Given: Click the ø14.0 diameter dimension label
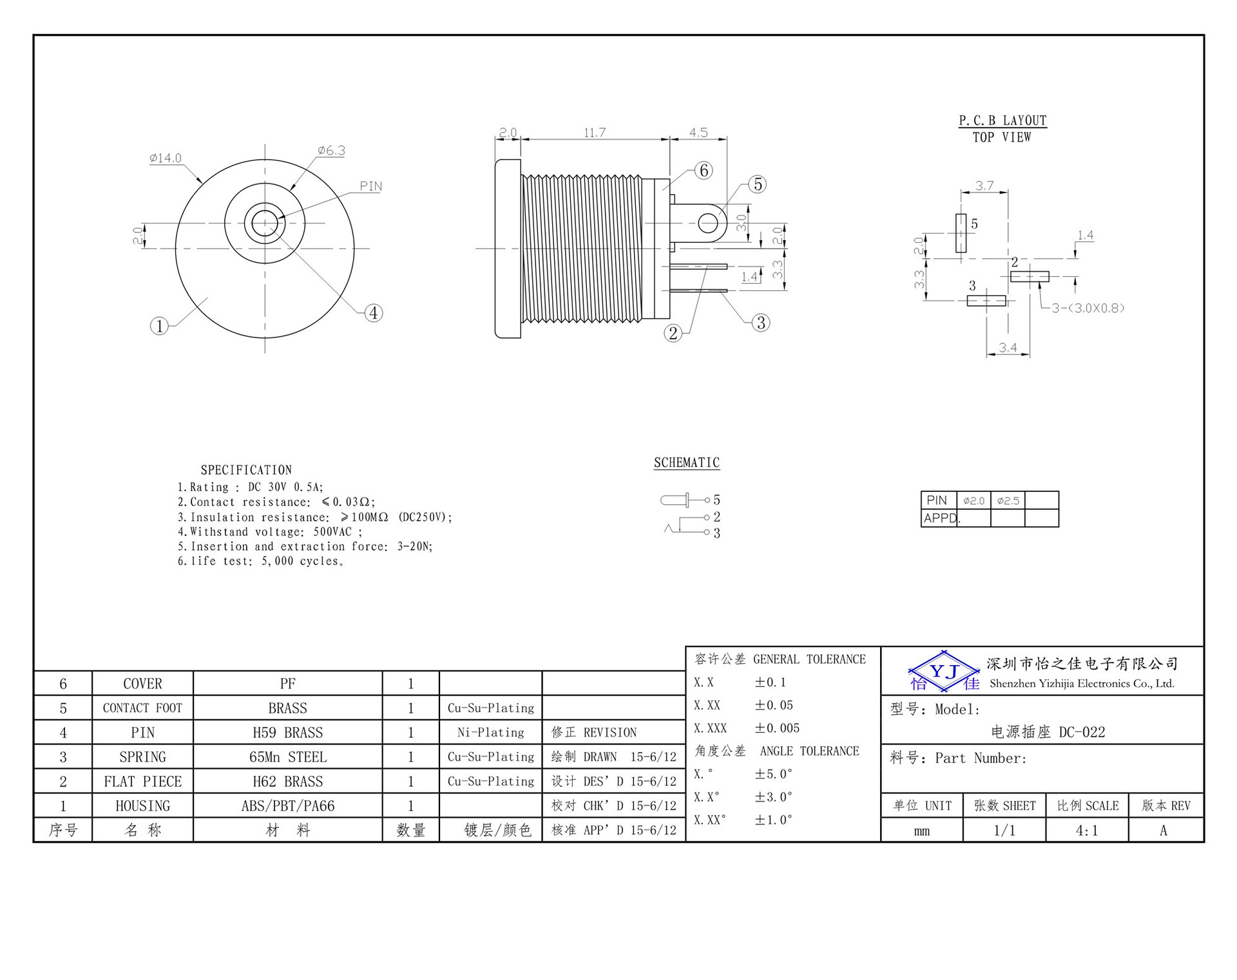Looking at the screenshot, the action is (166, 158).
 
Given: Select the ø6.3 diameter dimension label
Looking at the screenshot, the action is (331, 150).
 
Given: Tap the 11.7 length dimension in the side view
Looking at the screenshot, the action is (595, 132).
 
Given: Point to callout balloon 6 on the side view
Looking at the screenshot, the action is (704, 170).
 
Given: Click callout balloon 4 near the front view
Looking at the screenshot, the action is (374, 313).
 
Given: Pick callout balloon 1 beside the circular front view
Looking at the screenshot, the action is (159, 326).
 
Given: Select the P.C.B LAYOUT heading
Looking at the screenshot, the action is (1002, 120).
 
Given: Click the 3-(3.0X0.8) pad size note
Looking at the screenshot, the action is (1088, 308).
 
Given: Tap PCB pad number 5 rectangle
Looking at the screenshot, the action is (961, 233).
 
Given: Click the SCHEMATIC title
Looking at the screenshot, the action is (687, 462).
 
